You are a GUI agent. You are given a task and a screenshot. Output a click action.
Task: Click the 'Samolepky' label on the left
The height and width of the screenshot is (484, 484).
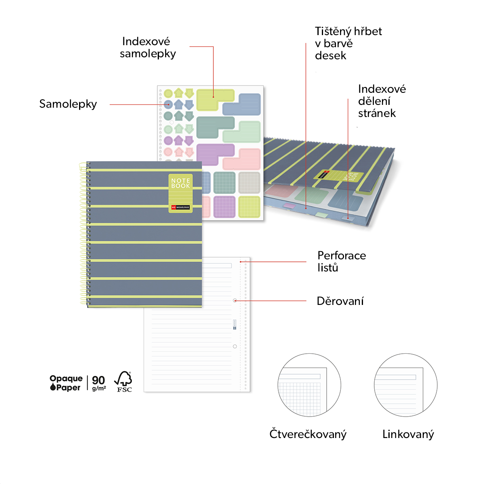68,104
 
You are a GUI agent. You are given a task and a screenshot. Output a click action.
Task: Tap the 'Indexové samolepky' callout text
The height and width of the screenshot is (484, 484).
148,48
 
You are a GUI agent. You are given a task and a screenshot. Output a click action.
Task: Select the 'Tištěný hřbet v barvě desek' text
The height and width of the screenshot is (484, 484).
348,44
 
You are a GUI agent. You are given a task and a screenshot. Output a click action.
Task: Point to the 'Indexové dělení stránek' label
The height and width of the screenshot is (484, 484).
382,101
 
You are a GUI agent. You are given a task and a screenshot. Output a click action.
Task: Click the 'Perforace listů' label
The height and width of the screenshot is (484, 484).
342,261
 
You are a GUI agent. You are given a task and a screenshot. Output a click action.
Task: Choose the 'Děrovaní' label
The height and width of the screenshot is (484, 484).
340,301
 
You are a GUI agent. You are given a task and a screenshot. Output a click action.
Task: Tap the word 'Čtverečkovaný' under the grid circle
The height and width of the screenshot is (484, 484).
308,434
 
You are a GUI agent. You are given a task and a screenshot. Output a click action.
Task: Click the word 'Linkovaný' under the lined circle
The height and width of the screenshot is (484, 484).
408,434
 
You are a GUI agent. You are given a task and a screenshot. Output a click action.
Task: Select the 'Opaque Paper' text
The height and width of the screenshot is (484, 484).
66,383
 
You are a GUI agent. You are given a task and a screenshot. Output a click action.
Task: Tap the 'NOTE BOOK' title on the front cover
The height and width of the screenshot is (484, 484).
180,184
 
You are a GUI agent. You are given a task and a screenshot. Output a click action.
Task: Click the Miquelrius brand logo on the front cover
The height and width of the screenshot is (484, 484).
180,207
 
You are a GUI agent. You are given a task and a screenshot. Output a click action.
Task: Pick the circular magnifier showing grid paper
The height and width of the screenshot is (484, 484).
309,385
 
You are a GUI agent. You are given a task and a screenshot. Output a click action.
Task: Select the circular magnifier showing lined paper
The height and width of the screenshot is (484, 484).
406,385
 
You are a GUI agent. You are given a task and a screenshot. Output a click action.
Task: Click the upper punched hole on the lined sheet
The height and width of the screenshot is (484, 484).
235,300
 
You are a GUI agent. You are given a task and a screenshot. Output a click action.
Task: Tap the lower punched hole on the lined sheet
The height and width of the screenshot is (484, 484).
235,346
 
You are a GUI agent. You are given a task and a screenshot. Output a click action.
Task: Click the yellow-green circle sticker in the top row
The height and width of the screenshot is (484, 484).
168,94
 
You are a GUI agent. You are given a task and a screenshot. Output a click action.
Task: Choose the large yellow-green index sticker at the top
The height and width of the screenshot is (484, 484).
215,100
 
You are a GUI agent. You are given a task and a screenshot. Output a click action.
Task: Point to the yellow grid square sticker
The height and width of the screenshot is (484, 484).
249,207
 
